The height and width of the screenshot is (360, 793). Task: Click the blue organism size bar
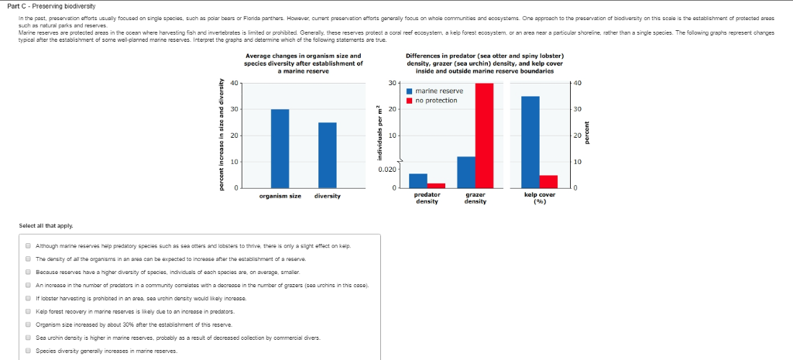[x=280, y=149]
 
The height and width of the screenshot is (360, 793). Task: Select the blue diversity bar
[x=327, y=155]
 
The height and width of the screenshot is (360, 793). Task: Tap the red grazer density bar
[x=484, y=135]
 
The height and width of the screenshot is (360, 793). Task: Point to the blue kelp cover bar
[x=530, y=142]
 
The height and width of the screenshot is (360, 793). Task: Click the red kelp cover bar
[x=548, y=181]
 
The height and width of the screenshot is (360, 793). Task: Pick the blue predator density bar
[x=417, y=180]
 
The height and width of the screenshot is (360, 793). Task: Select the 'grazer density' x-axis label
[x=475, y=198]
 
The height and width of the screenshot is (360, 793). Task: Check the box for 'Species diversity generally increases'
[x=27, y=351]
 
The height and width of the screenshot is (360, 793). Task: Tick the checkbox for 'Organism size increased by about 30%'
[x=27, y=324]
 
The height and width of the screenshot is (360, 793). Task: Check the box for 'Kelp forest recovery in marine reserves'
[x=27, y=311]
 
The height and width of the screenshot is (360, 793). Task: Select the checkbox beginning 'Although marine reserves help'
[x=27, y=245]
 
